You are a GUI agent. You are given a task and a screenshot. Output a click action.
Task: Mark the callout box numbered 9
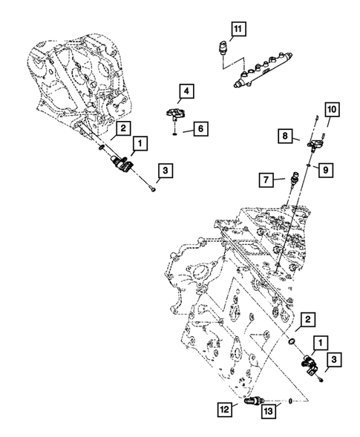(325, 169)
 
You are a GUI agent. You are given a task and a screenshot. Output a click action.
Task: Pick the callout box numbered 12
(223, 407)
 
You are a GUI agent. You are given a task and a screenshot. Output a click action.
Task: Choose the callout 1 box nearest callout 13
(320, 342)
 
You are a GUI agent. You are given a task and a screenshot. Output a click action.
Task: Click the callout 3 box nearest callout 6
(166, 171)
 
